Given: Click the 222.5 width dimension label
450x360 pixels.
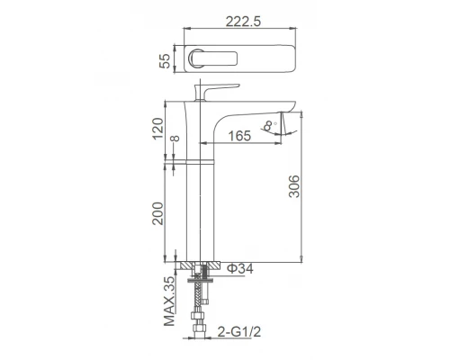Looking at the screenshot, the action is (x=243, y=22).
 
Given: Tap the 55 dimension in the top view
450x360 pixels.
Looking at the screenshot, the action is (x=165, y=60).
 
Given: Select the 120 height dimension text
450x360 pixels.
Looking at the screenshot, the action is (x=157, y=128).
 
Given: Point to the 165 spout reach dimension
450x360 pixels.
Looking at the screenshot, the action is (x=239, y=136).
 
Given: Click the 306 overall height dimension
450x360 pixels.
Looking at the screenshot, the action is (x=294, y=186).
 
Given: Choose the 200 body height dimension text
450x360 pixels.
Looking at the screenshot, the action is (x=157, y=213).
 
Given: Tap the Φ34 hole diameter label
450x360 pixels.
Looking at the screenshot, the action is (x=240, y=268).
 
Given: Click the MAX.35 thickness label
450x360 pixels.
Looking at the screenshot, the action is (x=170, y=301).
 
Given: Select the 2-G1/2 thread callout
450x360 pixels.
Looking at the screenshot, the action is (x=239, y=332).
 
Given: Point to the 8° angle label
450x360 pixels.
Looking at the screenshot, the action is (x=269, y=125).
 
